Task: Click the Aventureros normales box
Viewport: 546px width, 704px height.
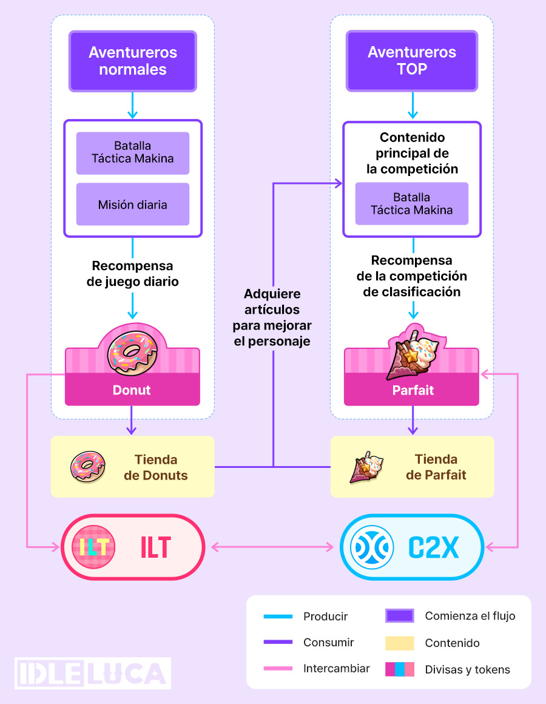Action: (133, 61)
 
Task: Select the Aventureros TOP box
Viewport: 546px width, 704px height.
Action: (412, 61)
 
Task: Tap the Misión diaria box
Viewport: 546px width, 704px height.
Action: (133, 205)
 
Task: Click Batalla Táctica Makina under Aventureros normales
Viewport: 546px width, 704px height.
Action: (133, 152)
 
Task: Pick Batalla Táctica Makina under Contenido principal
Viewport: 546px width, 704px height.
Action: (412, 204)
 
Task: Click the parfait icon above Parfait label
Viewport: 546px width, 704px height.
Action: (413, 354)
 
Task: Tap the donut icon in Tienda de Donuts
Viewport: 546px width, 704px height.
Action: (89, 467)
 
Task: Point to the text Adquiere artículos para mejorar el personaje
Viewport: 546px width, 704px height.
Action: (272, 317)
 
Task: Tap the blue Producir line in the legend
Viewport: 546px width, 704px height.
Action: (278, 617)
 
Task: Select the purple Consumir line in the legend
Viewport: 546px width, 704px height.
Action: (278, 643)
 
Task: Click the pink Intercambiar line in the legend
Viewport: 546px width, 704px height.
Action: (278, 669)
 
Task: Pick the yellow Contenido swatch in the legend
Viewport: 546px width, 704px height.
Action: (400, 643)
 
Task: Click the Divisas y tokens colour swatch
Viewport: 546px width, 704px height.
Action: (400, 669)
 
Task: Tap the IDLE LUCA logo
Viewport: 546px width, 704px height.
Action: (93, 673)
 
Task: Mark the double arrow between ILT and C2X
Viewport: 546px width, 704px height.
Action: (272, 547)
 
